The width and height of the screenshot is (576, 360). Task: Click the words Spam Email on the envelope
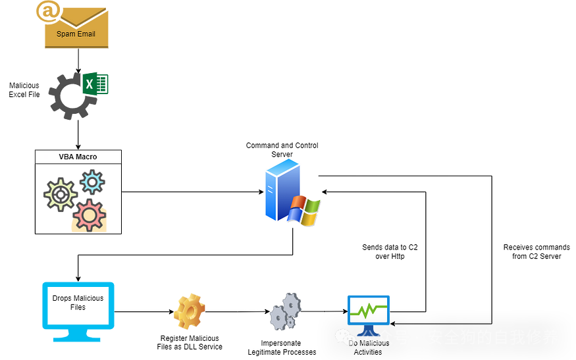(76, 34)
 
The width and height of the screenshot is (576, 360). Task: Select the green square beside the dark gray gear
(96, 84)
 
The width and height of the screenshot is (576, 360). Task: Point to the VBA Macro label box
(78, 157)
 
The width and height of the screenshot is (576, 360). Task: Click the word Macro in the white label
(87, 157)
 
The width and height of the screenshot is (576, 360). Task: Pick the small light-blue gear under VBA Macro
(92, 182)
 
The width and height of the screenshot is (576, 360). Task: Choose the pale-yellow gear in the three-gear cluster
(61, 195)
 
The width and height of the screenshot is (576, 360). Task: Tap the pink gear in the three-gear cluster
(90, 215)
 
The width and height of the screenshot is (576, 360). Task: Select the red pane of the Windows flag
(300, 202)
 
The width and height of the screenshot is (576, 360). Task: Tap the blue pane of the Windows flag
(294, 215)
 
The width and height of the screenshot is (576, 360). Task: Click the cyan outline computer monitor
(78, 305)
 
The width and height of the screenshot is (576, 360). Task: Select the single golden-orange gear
(190, 311)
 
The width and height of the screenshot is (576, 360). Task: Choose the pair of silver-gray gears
(285, 311)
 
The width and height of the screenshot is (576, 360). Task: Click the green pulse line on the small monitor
(369, 309)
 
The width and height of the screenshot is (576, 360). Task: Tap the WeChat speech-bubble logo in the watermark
(346, 338)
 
